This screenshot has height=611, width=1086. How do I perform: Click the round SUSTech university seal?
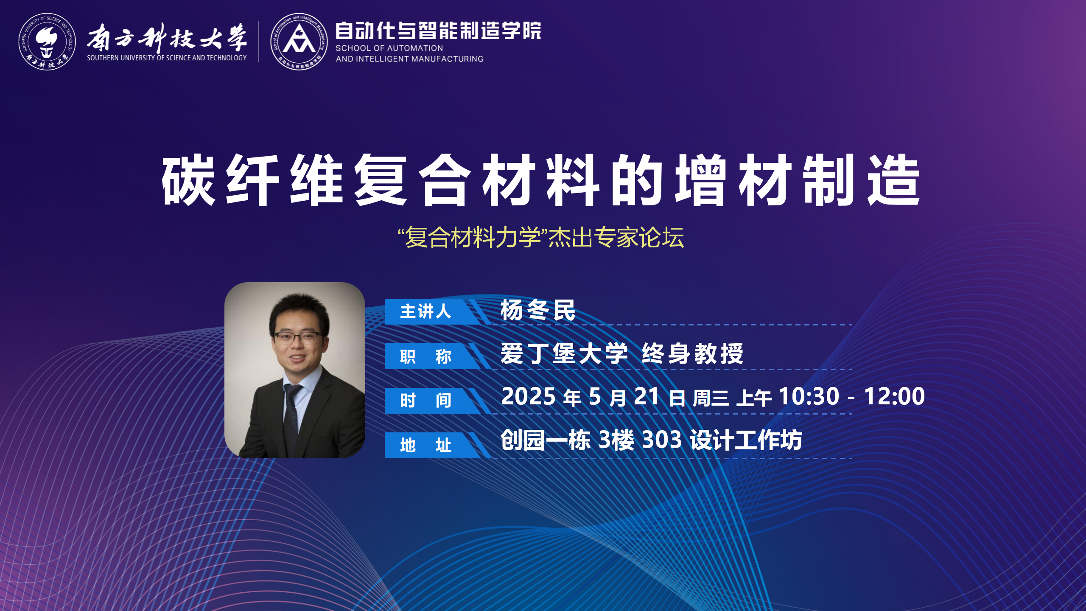(x=47, y=42)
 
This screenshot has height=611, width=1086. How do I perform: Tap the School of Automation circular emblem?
(x=299, y=42)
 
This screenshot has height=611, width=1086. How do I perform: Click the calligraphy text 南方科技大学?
(x=167, y=37)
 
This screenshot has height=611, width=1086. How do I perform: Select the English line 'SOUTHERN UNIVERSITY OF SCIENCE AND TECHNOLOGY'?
(x=167, y=58)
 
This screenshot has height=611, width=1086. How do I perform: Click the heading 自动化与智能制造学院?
(x=438, y=31)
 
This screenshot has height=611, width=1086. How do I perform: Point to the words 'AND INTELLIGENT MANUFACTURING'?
(x=409, y=59)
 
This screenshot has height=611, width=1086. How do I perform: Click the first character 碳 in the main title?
(x=188, y=180)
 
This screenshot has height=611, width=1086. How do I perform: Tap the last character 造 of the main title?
(x=893, y=180)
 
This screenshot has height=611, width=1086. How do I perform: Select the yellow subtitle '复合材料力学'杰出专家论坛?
(x=541, y=237)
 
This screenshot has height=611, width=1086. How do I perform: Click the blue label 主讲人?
(x=425, y=311)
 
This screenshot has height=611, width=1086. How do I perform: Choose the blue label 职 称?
(x=425, y=356)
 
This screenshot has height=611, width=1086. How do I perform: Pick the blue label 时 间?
(x=425, y=401)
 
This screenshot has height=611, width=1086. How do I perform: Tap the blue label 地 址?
(x=425, y=445)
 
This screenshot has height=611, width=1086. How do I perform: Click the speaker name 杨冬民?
(x=538, y=310)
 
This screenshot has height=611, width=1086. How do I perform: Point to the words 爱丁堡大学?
(x=564, y=353)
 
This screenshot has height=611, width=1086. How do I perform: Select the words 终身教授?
(x=693, y=353)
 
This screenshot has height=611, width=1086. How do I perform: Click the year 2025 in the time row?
(x=528, y=396)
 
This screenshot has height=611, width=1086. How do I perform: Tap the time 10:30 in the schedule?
(x=809, y=396)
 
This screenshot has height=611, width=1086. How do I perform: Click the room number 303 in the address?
(x=662, y=440)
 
